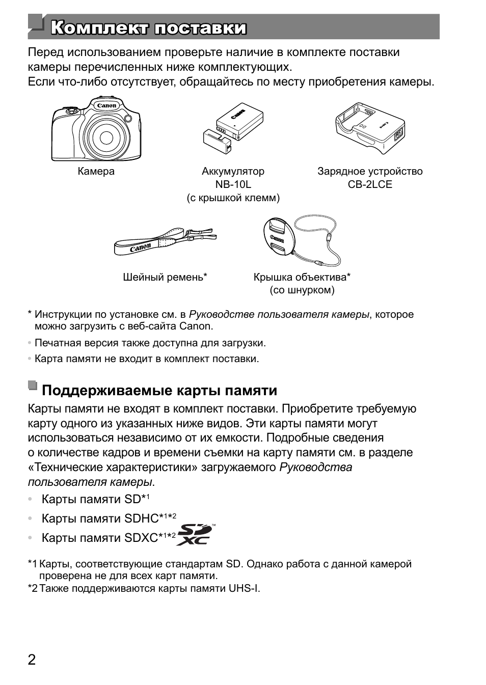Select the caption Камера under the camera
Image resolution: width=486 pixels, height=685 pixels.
pos(96,172)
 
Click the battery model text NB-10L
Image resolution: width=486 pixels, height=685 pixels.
pos(233,185)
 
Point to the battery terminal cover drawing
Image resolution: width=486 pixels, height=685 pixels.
pos(217,142)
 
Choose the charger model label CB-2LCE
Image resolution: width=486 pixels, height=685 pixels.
pos(370,185)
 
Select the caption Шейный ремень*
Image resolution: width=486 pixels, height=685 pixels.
pos(165,278)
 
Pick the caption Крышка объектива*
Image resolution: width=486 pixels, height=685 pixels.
pos(302,278)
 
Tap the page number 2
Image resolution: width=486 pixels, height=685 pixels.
pos(32,661)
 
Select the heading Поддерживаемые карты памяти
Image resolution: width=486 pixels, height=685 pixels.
pos(159,391)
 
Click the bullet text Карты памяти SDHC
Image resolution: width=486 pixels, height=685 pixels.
pos(100,518)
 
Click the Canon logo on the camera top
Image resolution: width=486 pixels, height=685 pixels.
pos(107,106)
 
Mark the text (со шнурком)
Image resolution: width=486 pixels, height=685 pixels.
pos(302,290)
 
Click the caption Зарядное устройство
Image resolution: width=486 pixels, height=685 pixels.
pos(370,172)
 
